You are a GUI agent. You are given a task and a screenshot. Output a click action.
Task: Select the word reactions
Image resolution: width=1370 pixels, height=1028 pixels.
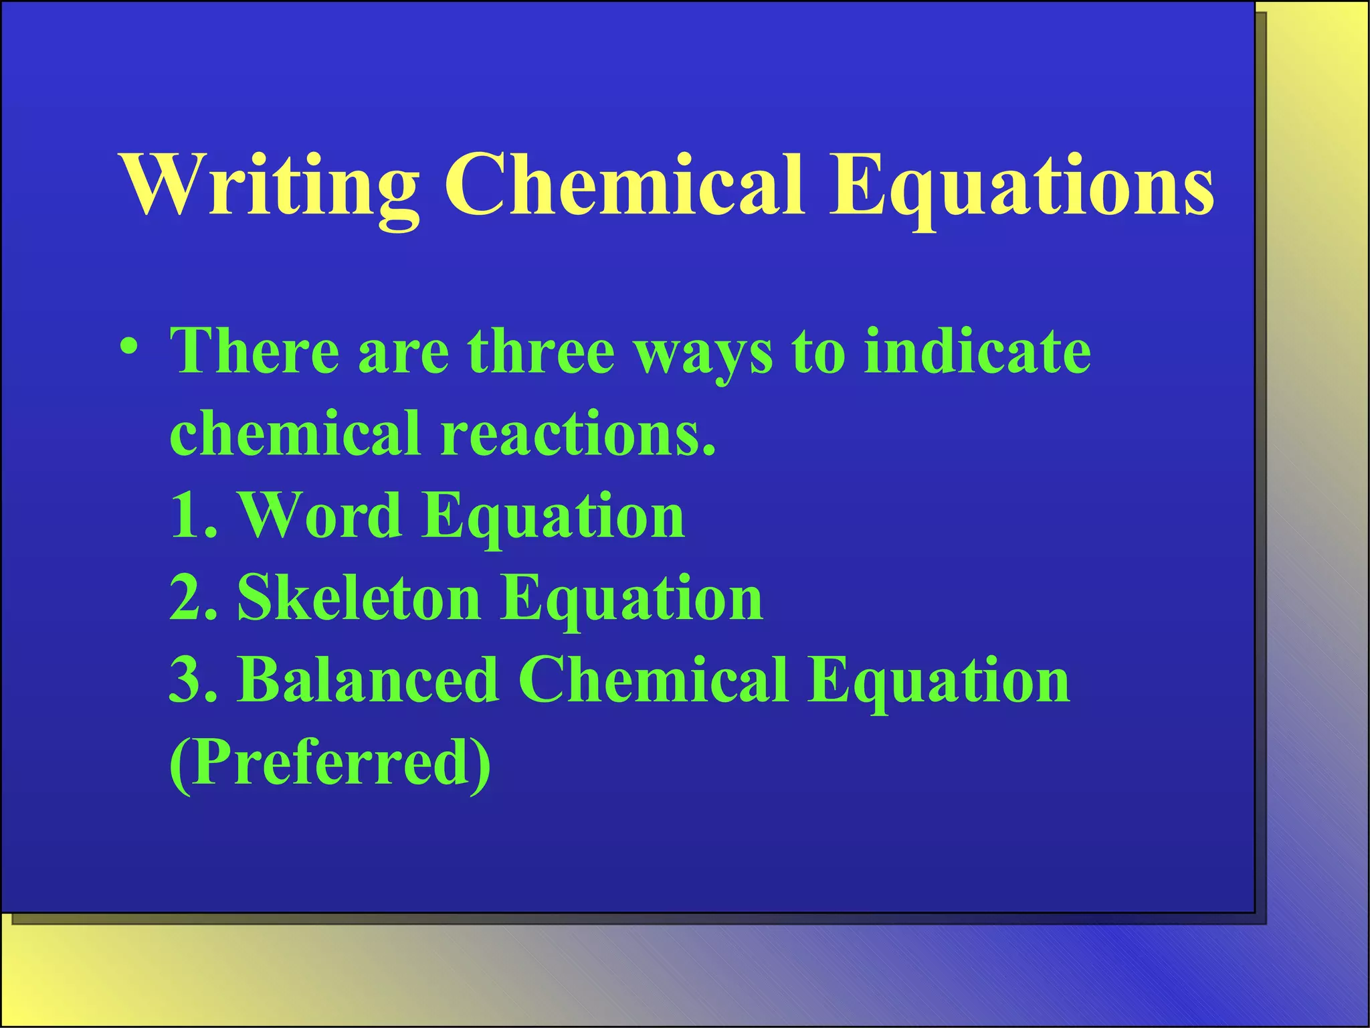point(578,433)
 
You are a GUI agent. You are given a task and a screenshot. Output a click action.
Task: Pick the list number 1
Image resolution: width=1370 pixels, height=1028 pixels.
point(190,515)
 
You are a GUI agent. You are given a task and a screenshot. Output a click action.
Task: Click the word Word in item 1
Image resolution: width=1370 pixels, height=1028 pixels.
point(321,515)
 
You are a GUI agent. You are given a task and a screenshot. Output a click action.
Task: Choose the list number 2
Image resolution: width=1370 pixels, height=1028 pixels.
point(190,597)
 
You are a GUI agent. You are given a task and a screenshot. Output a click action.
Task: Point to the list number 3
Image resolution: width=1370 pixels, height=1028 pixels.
point(190,679)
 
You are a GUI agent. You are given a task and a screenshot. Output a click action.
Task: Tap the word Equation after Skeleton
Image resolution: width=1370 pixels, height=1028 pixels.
point(631,600)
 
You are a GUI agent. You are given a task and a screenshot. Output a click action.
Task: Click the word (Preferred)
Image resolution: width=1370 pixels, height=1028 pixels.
point(330,763)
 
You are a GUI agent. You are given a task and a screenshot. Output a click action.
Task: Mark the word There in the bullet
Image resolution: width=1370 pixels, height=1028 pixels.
point(255,351)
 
